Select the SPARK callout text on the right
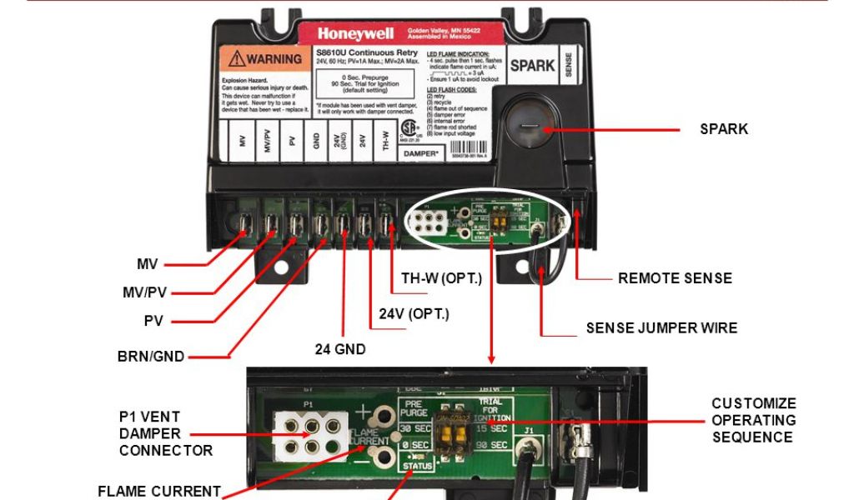(x=723, y=129)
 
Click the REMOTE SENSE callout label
(x=675, y=278)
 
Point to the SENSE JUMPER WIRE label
(x=661, y=328)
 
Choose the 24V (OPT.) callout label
(x=414, y=314)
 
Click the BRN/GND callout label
(x=151, y=357)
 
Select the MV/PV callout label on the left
(x=144, y=292)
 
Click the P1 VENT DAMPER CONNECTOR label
(x=154, y=433)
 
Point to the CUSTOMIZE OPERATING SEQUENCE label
(x=753, y=420)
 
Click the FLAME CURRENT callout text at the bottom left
(x=158, y=491)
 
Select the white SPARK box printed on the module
(x=532, y=67)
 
